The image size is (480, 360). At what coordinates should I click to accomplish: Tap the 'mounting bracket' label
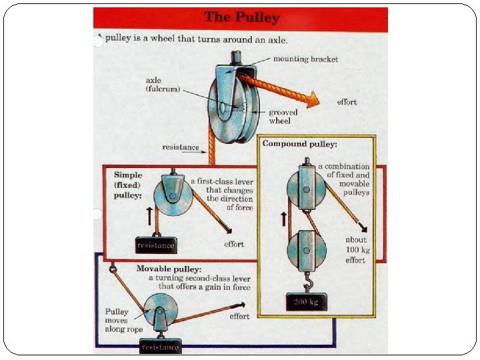point(305,59)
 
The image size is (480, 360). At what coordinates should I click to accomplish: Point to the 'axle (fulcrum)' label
point(163,85)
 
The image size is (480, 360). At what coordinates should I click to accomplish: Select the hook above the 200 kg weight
point(307,285)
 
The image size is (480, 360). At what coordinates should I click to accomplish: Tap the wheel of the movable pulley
point(160,311)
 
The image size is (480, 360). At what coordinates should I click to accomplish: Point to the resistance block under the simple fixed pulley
point(155,245)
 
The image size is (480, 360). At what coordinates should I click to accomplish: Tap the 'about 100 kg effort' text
point(355,249)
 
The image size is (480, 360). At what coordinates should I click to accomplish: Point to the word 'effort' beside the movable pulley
point(239,316)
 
